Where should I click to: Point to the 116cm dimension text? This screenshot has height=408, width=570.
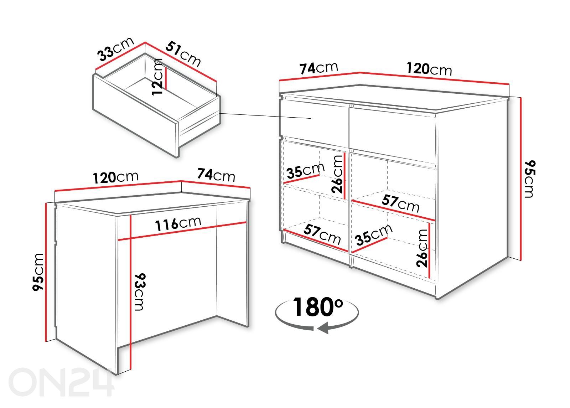[178, 223]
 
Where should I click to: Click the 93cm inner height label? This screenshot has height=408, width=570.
[139, 292]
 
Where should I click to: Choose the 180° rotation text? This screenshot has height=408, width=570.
[318, 307]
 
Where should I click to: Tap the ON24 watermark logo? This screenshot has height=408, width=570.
[61, 382]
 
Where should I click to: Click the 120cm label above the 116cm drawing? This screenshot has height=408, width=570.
[115, 177]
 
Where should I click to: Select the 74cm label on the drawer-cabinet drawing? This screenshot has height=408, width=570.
[318, 68]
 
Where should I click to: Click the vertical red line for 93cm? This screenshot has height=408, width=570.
[130, 292]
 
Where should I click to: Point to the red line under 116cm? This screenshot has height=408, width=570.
[182, 231]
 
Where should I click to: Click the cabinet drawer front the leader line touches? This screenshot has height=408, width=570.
[315, 123]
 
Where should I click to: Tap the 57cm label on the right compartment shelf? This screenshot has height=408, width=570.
[400, 203]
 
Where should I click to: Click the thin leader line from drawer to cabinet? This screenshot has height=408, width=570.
[265, 116]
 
